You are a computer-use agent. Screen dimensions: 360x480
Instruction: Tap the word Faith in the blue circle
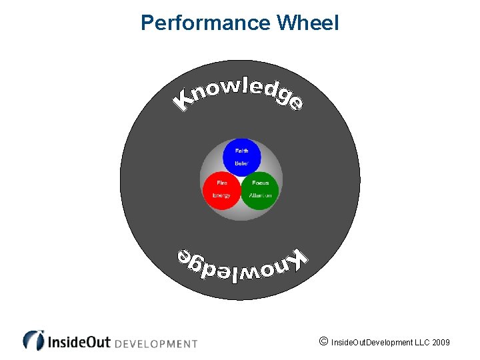tap(241, 151)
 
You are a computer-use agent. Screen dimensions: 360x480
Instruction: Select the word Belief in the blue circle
tap(241, 163)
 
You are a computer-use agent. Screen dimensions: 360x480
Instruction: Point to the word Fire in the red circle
tap(222, 183)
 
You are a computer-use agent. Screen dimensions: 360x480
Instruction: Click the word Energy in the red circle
tap(221, 195)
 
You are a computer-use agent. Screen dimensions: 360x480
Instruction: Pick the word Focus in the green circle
tap(260, 183)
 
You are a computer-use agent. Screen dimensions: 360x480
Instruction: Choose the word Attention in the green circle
tap(260, 195)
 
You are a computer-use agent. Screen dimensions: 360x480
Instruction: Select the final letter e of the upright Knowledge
tap(296, 103)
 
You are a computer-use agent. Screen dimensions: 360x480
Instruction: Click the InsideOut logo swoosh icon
tap(33, 340)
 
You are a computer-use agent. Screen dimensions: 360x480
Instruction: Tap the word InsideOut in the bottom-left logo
tap(79, 342)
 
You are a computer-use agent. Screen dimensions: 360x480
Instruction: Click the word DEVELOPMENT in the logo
tap(157, 344)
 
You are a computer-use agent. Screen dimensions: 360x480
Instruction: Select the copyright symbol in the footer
tap(323, 342)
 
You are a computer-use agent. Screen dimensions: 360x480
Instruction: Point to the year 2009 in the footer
tap(441, 343)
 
